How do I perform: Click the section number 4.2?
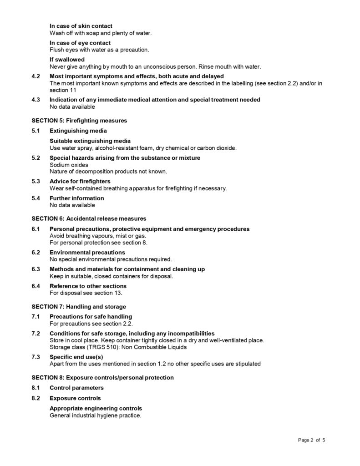(36, 76)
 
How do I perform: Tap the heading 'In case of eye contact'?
(80, 43)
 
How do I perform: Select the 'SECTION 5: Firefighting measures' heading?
(79, 121)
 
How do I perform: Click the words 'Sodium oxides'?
(69, 165)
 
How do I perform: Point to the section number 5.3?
(36, 182)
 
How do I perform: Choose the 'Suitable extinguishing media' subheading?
(90, 141)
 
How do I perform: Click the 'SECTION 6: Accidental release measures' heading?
(89, 218)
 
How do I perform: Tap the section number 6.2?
(36, 253)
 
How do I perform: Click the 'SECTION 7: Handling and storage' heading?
(79, 307)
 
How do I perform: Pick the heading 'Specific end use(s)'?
(76, 357)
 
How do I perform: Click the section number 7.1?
(36, 317)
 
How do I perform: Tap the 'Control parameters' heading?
(76, 388)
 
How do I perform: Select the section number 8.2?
(36, 398)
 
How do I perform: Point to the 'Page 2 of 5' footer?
(312, 440)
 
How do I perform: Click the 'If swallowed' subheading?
(67, 60)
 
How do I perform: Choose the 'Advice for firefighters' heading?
(80, 182)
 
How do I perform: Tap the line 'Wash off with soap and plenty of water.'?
(101, 33)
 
